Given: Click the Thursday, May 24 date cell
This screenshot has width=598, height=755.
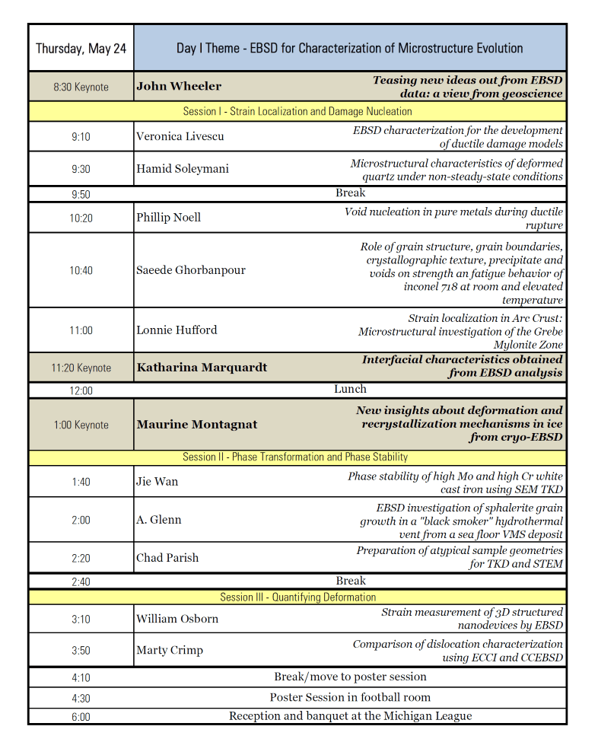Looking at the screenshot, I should point(81,48).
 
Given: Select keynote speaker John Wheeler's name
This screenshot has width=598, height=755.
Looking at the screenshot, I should point(179,86).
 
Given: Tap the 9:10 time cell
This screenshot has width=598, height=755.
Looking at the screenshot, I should point(81,137).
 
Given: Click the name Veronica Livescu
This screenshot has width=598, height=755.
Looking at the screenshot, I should point(180,137).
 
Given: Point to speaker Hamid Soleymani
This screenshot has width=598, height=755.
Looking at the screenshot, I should point(182,169).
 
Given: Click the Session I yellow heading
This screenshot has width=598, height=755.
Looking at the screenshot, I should point(297,111).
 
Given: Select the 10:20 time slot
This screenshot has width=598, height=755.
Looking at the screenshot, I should point(81,218).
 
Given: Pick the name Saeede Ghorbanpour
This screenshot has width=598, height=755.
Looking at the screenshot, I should point(190,270).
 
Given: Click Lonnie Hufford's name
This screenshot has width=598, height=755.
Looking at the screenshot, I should point(177,330).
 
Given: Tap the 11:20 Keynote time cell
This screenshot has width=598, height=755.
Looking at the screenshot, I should point(81,368).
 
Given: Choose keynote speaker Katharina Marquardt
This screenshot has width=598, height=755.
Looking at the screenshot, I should point(202,368).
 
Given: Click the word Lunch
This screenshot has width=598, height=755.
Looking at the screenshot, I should point(350,389).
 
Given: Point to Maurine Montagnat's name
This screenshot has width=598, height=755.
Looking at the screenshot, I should point(197,424).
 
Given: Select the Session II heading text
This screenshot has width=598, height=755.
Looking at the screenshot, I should point(295,457).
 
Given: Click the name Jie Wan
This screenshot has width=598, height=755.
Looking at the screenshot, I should point(157,481).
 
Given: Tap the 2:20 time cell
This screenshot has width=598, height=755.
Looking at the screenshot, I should point(81,558).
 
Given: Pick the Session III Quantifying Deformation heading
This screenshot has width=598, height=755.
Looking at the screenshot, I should point(298,597).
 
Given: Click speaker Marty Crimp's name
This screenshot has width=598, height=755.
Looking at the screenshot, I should point(170,650).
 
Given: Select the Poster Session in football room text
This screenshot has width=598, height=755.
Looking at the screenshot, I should point(350,697).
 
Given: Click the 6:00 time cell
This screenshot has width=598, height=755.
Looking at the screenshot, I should point(81,716).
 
